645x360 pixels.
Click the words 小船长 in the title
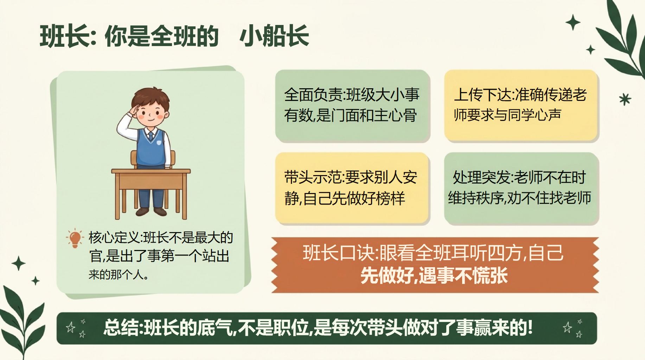tap(274, 36)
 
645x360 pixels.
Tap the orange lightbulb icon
tap(75, 238)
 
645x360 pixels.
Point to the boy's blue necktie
tap(151, 135)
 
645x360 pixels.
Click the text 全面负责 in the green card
tap(313, 95)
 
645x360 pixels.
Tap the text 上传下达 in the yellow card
tap(482, 95)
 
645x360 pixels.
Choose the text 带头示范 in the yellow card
tap(313, 178)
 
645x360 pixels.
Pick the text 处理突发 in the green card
tap(481, 178)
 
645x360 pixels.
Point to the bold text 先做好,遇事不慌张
tap(434, 276)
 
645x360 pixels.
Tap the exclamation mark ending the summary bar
tap(530, 327)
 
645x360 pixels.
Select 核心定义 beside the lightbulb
tap(114, 238)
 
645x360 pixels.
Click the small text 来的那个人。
tap(119, 275)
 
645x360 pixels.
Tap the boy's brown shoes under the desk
tap(151, 212)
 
